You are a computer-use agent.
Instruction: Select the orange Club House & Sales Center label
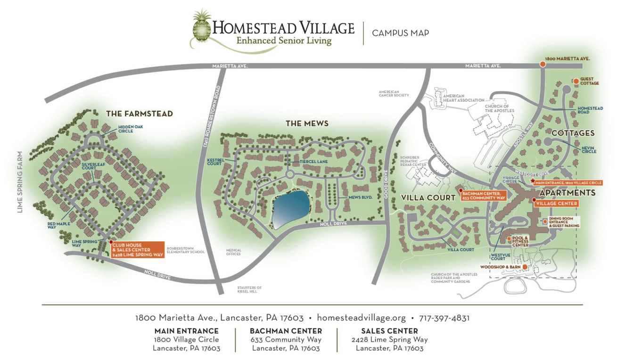click(x=137, y=250)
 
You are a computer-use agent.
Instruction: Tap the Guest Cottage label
click(x=589, y=82)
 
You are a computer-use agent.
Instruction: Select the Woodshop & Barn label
click(x=500, y=267)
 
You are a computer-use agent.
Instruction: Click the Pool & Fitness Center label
click(x=520, y=242)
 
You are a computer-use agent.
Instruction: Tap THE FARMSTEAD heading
click(x=139, y=114)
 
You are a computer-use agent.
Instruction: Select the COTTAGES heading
click(x=573, y=133)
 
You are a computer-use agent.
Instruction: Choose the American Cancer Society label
click(x=394, y=93)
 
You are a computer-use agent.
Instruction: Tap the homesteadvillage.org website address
click(x=361, y=318)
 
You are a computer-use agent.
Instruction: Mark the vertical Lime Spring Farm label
click(x=20, y=182)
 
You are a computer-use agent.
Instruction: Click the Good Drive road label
click(x=386, y=181)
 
